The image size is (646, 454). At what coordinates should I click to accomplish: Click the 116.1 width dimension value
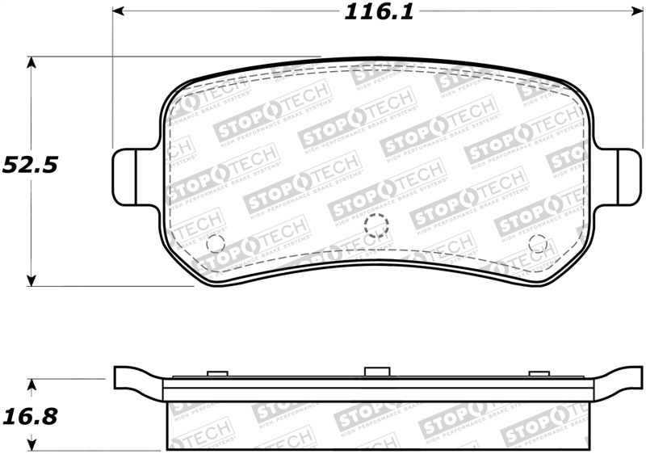371,12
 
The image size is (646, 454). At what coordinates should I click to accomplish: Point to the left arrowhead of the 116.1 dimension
117,11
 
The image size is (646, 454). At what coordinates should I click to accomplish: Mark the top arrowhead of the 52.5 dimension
31,62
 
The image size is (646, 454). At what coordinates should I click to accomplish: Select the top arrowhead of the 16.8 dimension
31,383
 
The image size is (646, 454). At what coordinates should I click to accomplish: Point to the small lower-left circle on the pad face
215,242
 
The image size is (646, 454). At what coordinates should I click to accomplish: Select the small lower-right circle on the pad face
539,242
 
